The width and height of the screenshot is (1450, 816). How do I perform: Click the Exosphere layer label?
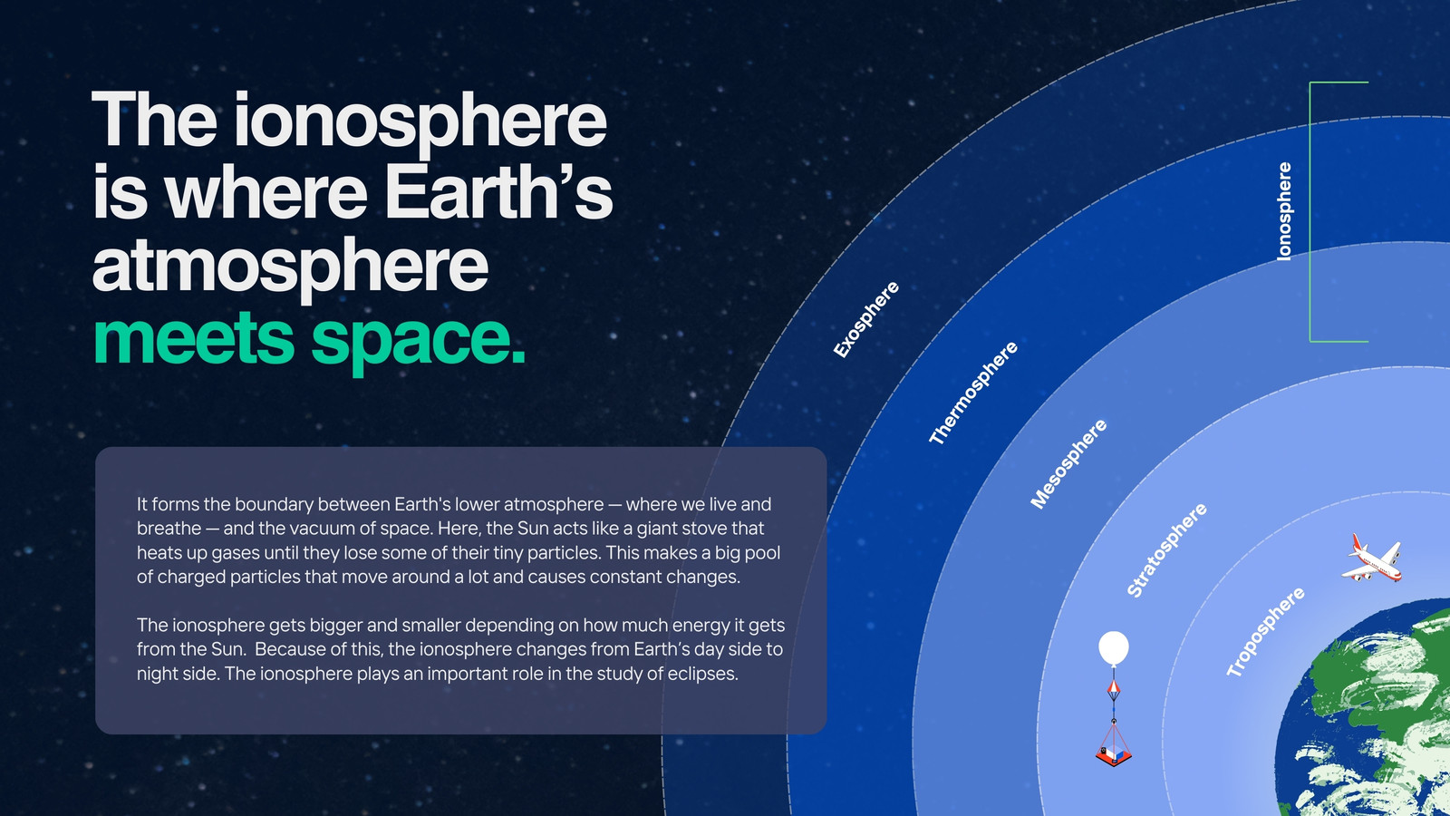pyautogui.click(x=865, y=319)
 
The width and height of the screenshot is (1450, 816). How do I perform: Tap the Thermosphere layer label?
pyautogui.click(x=973, y=393)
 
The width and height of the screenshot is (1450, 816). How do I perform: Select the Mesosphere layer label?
pyautogui.click(x=1068, y=463)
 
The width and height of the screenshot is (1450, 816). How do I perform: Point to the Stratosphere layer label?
pyautogui.click(x=1166, y=549)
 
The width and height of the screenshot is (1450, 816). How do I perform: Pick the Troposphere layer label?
pyautogui.click(x=1265, y=632)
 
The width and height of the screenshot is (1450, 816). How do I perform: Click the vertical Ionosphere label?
pyautogui.click(x=1283, y=212)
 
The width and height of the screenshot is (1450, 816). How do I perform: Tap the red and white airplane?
pyautogui.click(x=1372, y=559)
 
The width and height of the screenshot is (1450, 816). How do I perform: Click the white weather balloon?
pyautogui.click(x=1114, y=648)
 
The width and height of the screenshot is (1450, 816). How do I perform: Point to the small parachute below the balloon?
pyautogui.click(x=1114, y=690)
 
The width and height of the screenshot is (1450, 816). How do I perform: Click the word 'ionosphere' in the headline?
pyautogui.click(x=420, y=122)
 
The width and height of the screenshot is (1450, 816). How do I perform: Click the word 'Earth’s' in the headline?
pyautogui.click(x=498, y=191)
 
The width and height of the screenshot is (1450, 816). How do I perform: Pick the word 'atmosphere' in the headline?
pyautogui.click(x=291, y=267)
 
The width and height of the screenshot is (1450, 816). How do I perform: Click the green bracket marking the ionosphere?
pyautogui.click(x=1310, y=212)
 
